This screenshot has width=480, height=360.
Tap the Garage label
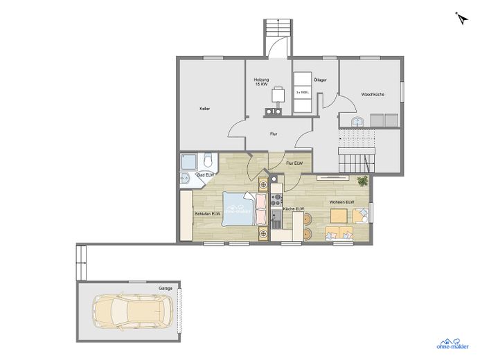click(165, 287)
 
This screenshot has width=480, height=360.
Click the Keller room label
click(204, 109)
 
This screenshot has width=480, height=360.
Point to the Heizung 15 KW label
click(261, 82)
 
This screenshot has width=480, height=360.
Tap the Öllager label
click(320, 80)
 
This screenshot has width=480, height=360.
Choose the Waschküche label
click(373, 94)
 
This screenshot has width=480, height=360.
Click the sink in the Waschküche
click(357, 121)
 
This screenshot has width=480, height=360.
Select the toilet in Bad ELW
click(208, 163)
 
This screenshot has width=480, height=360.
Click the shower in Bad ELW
click(189, 163)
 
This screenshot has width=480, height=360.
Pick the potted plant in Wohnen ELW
click(362, 181)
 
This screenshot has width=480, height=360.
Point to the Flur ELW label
click(294, 163)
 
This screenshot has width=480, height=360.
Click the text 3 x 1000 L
click(302, 92)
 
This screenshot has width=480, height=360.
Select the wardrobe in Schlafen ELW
click(186, 215)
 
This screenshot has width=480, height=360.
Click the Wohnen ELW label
click(341, 202)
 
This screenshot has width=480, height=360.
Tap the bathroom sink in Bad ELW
click(184, 180)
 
